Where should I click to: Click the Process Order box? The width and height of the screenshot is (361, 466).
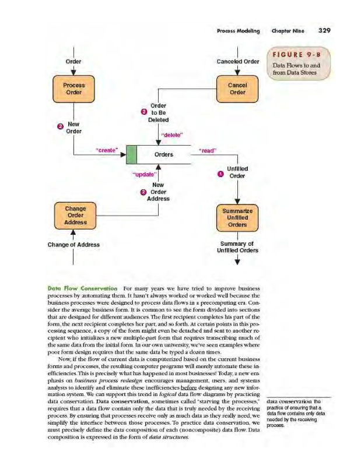tap(73, 89)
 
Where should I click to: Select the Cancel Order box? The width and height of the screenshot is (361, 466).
tap(237, 89)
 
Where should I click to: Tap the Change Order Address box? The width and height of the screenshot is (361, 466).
tap(75, 215)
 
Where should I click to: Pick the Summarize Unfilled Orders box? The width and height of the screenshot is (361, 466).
tap(237, 216)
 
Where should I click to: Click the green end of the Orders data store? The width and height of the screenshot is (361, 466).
tap(132, 155)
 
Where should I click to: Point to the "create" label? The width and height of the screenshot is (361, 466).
tap(107, 150)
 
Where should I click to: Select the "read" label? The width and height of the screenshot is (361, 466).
tap(208, 150)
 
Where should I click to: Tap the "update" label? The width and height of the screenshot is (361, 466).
tap(143, 174)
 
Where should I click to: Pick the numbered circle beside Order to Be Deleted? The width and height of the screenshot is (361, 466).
tap(143, 112)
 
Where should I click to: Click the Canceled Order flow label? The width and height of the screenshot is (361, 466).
tap(237, 61)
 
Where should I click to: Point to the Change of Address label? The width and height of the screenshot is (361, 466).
tap(73, 245)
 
